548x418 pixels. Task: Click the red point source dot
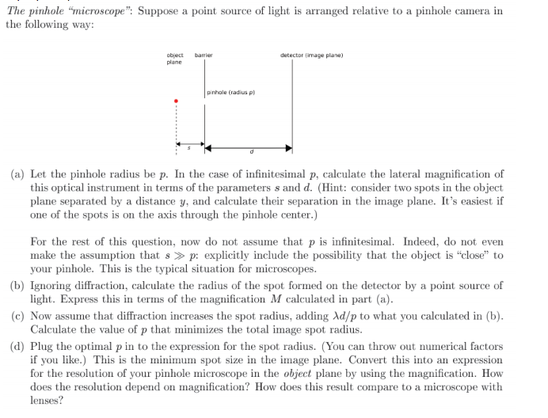click(x=176, y=101)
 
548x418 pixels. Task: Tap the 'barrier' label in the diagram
click(x=204, y=55)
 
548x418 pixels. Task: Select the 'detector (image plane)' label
click(x=311, y=55)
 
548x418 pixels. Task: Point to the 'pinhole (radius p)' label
click(x=231, y=93)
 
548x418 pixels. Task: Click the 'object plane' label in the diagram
click(x=174, y=59)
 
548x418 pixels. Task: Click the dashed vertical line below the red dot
click(x=176, y=127)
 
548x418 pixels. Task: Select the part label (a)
click(x=17, y=174)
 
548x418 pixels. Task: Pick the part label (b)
click(x=17, y=285)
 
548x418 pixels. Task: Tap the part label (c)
click(x=17, y=315)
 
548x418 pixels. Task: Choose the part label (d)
click(x=17, y=346)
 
